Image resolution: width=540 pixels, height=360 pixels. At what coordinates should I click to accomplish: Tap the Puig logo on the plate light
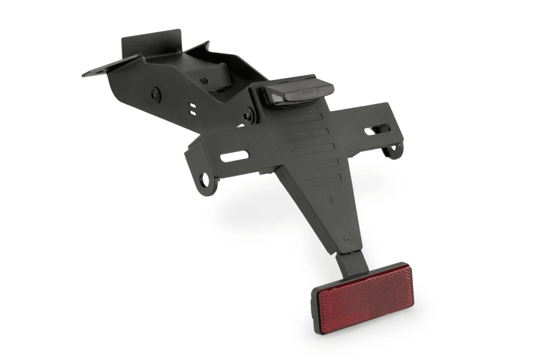pyautogui.click(x=310, y=92)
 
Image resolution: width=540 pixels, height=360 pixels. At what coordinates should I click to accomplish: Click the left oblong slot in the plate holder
pyautogui.click(x=235, y=156)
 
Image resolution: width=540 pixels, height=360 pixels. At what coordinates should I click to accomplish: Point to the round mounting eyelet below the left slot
pyautogui.click(x=204, y=180)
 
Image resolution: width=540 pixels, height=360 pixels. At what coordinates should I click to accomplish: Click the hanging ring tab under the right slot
pyautogui.click(x=394, y=150)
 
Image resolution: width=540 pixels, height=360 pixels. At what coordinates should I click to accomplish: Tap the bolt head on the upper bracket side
pyautogui.click(x=156, y=95)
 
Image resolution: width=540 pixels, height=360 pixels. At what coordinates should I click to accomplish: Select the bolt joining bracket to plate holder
pyautogui.click(x=249, y=116)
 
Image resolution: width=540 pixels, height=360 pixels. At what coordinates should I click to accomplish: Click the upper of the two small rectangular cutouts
pyautogui.click(x=193, y=106)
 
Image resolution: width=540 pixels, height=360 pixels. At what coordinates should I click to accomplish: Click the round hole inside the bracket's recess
pyautogui.click(x=204, y=81)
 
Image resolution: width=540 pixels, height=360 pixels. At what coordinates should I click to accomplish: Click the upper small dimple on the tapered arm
pyautogui.click(x=331, y=200)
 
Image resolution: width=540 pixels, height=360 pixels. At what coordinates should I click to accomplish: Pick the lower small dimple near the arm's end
pyautogui.click(x=347, y=238)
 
